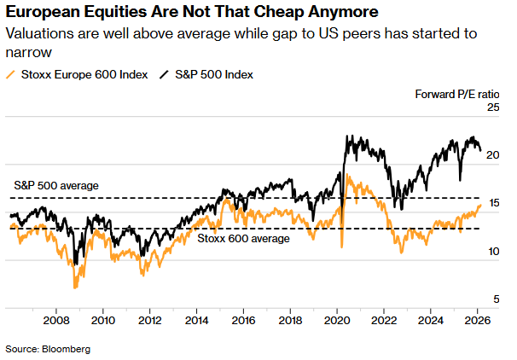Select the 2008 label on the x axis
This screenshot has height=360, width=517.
(56, 321)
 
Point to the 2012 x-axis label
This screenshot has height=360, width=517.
(150, 321)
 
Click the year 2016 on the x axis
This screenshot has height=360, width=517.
(244, 321)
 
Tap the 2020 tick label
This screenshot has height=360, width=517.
(337, 321)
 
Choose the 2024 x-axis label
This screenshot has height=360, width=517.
(431, 321)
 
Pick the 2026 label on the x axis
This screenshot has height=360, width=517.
(476, 321)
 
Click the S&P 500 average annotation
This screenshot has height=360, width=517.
(57, 185)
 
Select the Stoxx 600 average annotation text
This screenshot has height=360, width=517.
(243, 239)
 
